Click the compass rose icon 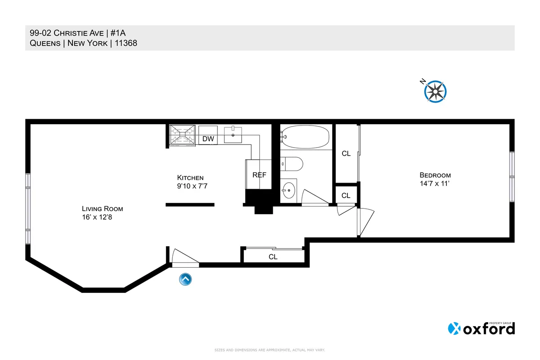[435, 91]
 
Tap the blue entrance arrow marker [185, 279]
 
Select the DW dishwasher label [208, 139]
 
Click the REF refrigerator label [259, 175]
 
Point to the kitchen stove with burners [182, 135]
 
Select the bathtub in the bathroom [305, 136]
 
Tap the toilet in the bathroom [292, 164]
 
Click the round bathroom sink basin [289, 190]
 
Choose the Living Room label [102, 209]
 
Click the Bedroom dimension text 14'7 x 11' [435, 184]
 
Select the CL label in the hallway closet [273, 257]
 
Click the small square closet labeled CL [346, 195]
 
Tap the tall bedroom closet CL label [346, 153]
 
